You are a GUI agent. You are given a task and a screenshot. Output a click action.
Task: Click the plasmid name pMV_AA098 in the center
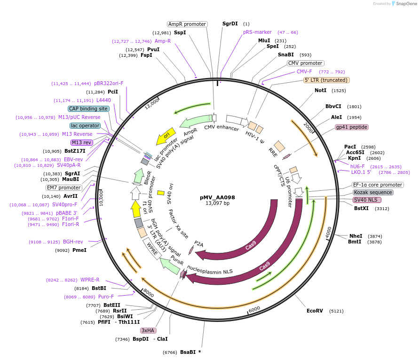tap(217, 197)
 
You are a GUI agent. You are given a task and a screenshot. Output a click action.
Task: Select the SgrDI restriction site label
tap(230, 23)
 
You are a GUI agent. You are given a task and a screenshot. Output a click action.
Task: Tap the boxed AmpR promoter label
tap(187, 24)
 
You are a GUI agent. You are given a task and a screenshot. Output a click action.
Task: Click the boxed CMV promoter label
tap(305, 63)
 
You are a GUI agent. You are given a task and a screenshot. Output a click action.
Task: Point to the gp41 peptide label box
tap(351, 127)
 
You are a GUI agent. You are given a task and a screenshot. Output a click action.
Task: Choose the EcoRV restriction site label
tap(315, 311)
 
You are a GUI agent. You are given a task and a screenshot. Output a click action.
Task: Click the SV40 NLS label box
tap(367, 200)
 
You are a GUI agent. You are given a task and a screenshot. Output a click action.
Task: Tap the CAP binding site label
tap(89, 109)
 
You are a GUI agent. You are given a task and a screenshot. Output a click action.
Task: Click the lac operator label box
tap(85, 125)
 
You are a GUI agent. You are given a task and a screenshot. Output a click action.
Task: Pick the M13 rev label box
tap(82, 142)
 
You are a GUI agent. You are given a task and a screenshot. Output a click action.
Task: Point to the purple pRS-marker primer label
tap(257, 32)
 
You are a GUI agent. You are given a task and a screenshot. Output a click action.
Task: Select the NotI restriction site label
tap(320, 90)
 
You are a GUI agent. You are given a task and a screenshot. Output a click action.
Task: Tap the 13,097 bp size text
tap(217, 203)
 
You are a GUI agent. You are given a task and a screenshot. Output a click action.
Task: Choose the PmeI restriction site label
tap(79, 250)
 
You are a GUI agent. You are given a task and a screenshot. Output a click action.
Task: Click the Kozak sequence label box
tap(373, 192)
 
